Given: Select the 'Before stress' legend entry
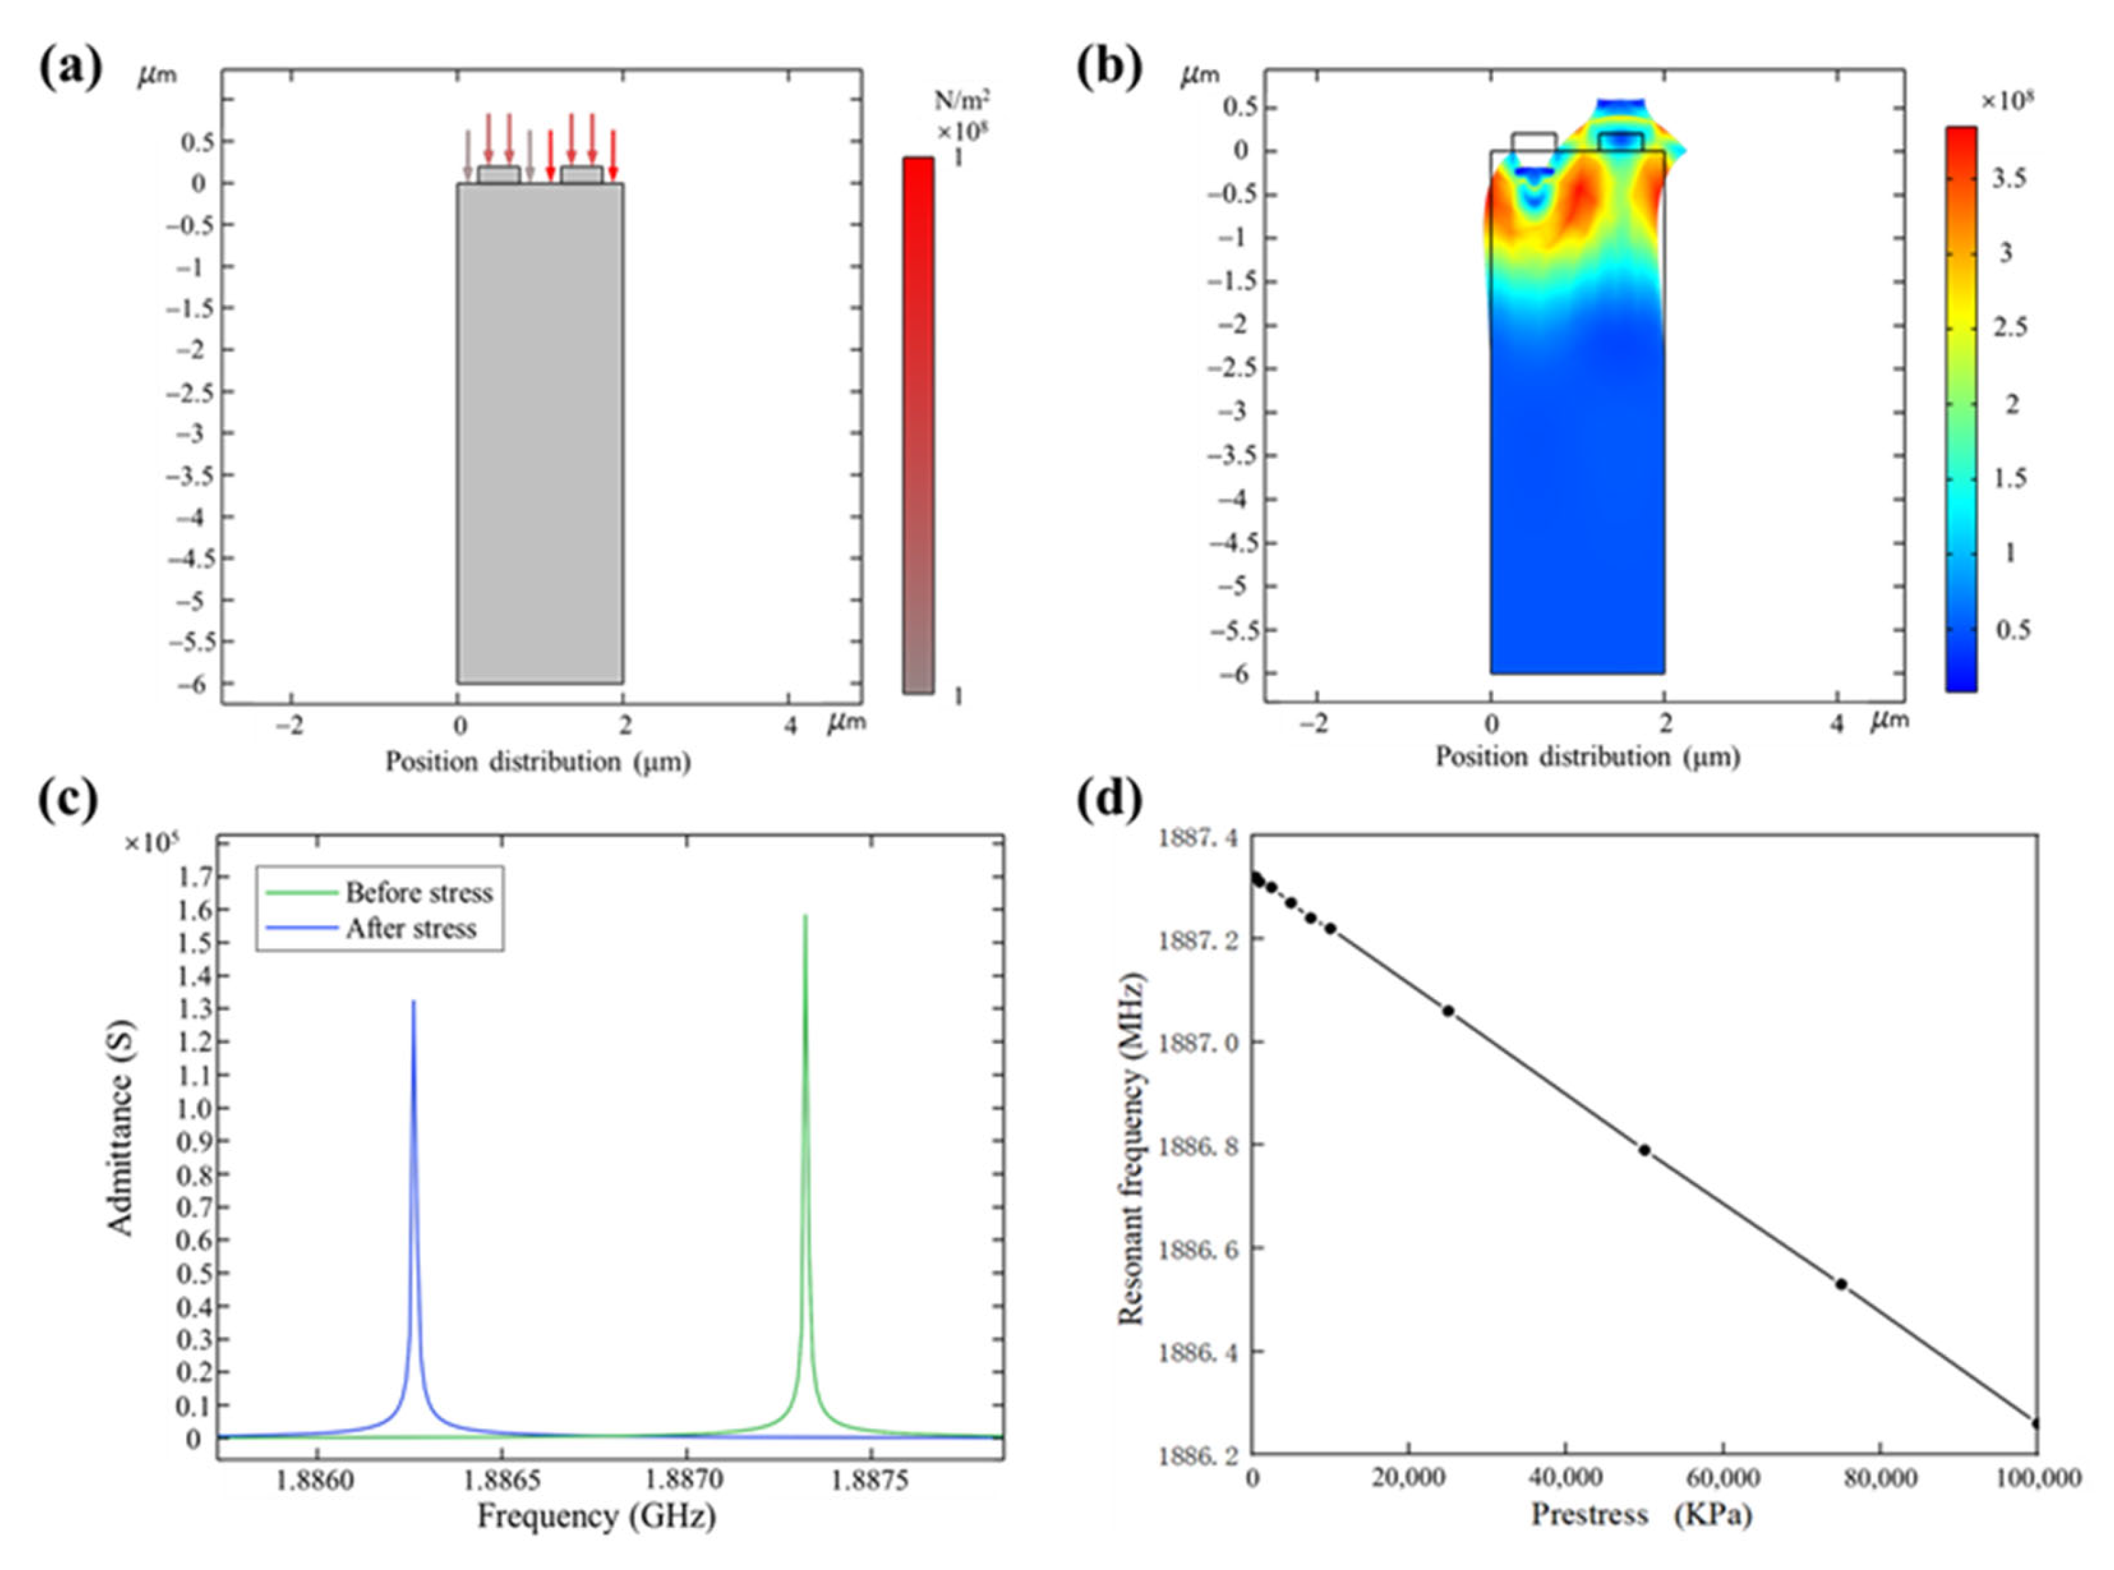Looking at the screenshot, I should (418, 893).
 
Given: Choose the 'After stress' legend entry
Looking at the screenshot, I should (411, 929).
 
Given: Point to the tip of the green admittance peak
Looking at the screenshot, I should (805, 917).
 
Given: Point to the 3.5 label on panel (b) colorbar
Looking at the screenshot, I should (2009, 178).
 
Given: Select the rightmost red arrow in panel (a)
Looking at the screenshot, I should (613, 155).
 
